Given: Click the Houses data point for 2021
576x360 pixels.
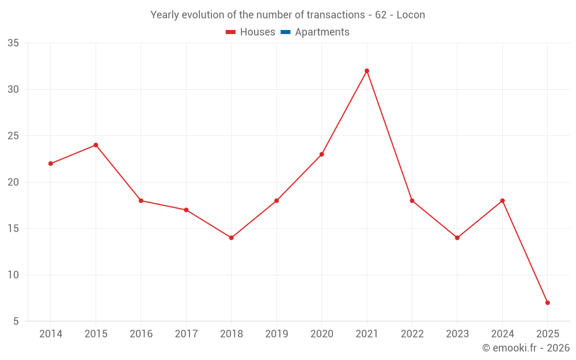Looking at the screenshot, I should (367, 71).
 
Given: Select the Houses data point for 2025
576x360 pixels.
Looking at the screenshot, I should (548, 302).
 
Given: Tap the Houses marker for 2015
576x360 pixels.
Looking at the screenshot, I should (96, 145).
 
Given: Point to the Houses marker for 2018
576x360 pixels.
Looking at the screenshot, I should (232, 238).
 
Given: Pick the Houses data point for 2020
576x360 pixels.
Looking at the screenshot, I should (321, 154).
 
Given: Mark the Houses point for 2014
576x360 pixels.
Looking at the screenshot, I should (51, 164).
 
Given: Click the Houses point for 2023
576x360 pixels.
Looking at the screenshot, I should (457, 238).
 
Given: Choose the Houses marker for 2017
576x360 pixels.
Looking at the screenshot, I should (186, 210).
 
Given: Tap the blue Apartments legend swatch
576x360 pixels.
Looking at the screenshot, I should (285, 32).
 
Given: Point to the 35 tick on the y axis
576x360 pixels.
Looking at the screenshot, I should (13, 43).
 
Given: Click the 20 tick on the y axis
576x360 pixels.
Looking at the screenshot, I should (13, 183).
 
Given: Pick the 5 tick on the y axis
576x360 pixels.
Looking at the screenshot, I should (16, 321).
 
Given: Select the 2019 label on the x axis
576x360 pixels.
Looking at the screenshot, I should (276, 334).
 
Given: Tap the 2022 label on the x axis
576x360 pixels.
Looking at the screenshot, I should (412, 334).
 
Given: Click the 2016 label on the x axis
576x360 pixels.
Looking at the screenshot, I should (141, 334).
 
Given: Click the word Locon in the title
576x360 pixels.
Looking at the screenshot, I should (411, 15).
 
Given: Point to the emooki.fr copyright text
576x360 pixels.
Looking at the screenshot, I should (526, 348).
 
